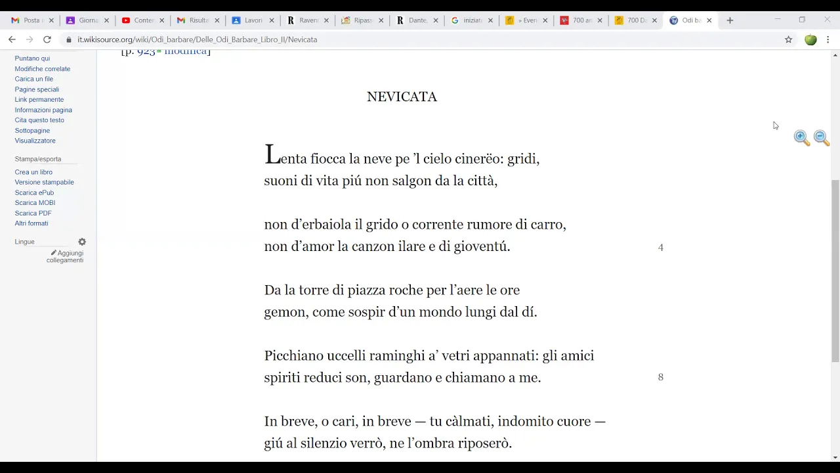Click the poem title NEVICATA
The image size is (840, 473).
click(x=402, y=97)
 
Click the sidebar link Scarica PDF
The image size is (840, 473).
click(x=33, y=213)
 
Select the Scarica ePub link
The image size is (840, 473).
click(x=34, y=192)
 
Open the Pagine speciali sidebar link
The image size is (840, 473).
click(x=37, y=89)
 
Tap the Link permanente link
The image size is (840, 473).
click(x=39, y=99)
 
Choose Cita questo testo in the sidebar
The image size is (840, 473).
click(x=39, y=120)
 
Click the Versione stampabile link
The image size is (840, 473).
click(x=44, y=182)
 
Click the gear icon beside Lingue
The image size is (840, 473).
click(x=82, y=242)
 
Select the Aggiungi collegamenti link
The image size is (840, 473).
click(x=66, y=256)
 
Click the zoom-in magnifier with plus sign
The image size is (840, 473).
click(x=801, y=137)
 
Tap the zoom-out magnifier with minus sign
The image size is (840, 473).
click(x=821, y=137)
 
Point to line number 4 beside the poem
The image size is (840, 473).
click(x=661, y=248)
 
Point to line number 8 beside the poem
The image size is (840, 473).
click(x=661, y=377)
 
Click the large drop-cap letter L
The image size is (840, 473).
click(x=272, y=156)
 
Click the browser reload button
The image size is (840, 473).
click(x=47, y=39)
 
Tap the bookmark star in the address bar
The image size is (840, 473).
click(x=788, y=39)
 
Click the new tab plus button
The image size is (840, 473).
click(x=730, y=20)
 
